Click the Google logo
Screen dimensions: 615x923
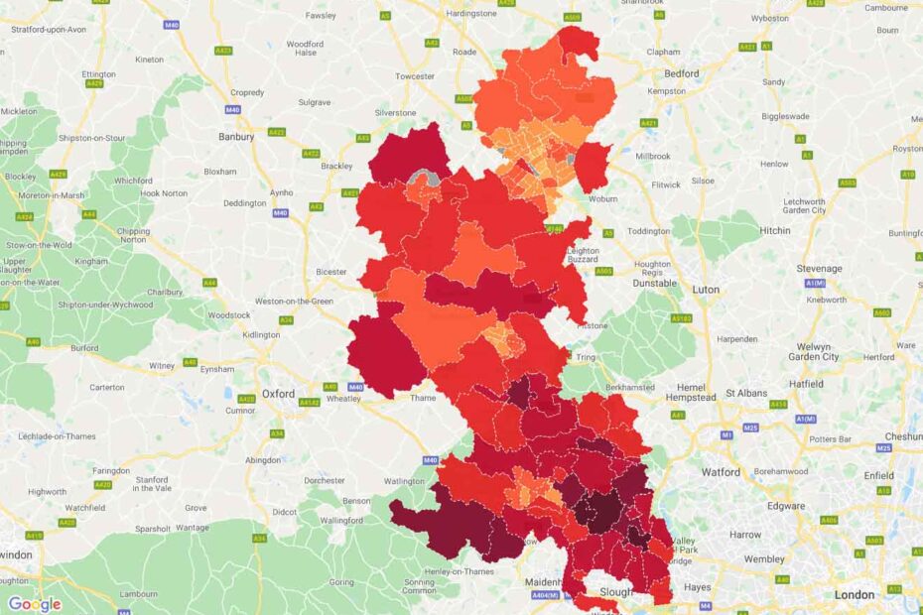point(35,604)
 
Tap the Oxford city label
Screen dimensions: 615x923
point(278,394)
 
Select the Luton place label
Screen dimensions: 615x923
point(706,290)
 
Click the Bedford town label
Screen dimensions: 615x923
point(682,73)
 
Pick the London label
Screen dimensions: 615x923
point(855,595)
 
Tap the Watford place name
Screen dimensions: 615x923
point(721,472)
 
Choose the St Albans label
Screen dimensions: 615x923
point(746,393)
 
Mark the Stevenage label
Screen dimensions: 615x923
point(819,268)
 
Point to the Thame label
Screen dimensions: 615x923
point(423,398)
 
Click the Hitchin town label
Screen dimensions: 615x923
point(776,230)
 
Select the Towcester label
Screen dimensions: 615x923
point(415,76)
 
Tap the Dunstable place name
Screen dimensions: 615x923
point(655,283)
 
